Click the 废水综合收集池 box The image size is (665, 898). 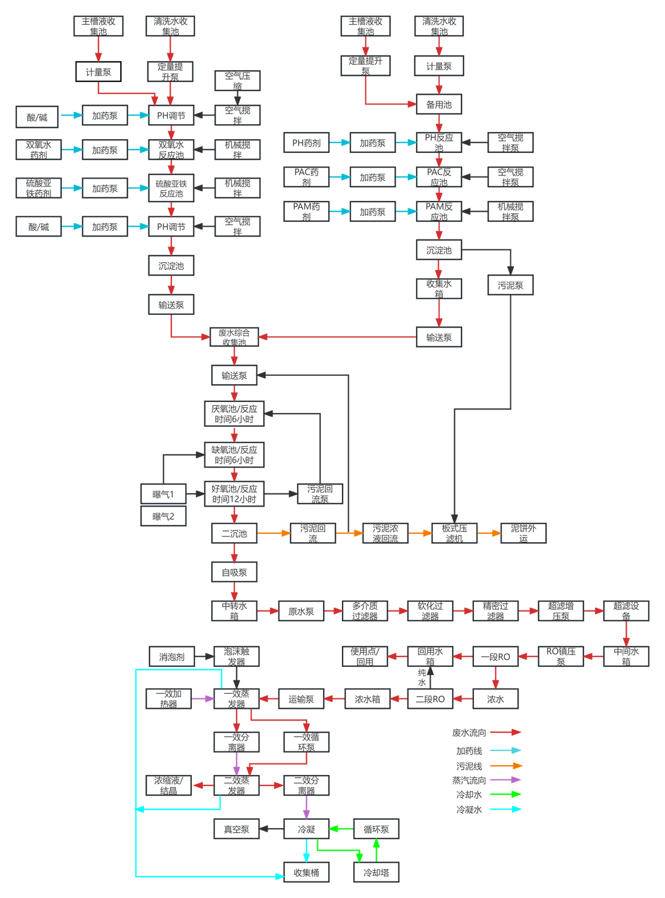point(234,337)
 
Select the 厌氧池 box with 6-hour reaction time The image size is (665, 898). point(234,414)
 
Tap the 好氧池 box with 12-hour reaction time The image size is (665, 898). point(234,494)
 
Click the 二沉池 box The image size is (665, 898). point(234,534)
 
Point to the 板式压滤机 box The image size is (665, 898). point(454,533)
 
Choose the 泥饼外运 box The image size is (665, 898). point(523,533)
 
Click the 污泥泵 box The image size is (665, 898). point(510,285)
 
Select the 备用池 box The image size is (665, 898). point(439,104)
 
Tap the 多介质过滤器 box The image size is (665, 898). point(365,611)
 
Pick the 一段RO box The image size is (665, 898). point(495,657)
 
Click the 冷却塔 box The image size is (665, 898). point(376,873)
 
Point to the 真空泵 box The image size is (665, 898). point(237,829)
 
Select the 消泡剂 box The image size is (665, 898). point(172,657)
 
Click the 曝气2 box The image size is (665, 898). point(163,517)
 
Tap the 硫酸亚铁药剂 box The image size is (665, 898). point(39,188)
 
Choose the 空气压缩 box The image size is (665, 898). point(237,81)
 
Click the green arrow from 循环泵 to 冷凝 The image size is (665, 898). point(341,829)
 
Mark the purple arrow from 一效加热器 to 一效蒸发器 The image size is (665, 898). point(202,699)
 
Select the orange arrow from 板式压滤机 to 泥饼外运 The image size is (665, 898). point(489,533)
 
